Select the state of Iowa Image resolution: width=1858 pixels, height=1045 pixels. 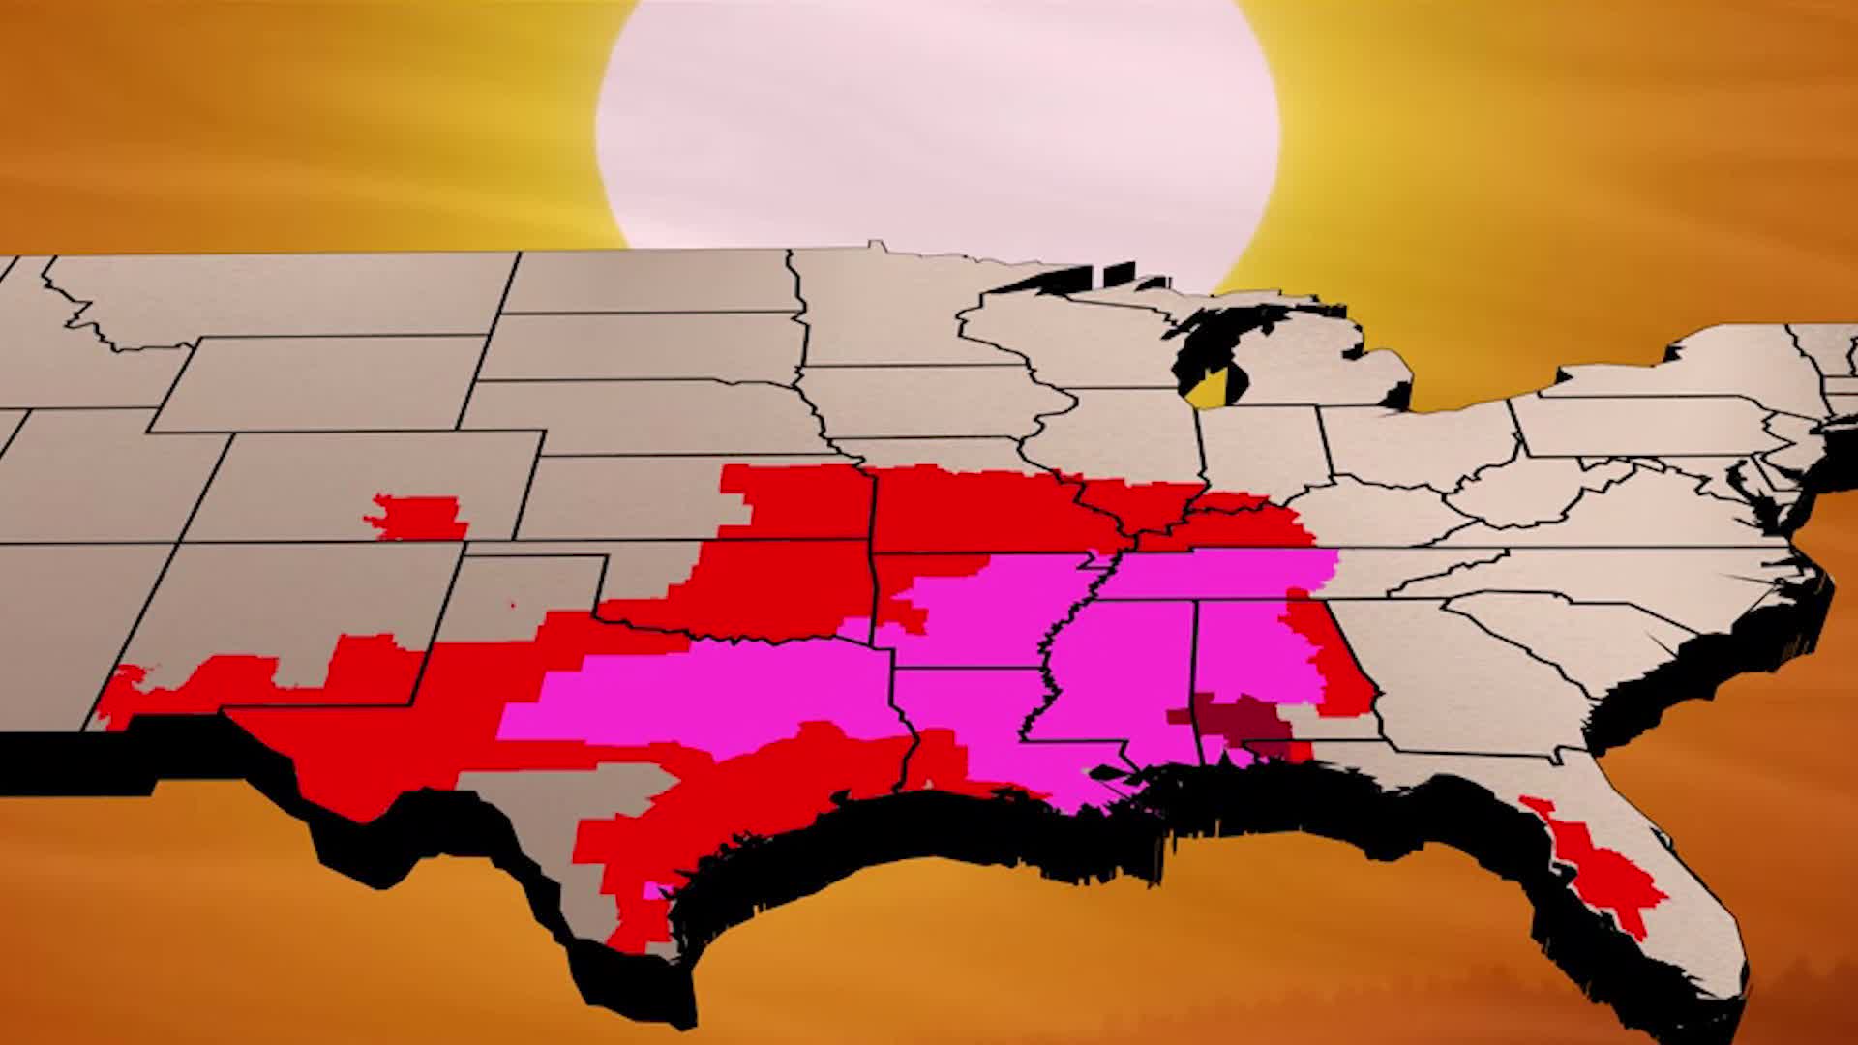(929, 402)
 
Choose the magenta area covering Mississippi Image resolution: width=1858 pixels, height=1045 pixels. (1123, 677)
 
